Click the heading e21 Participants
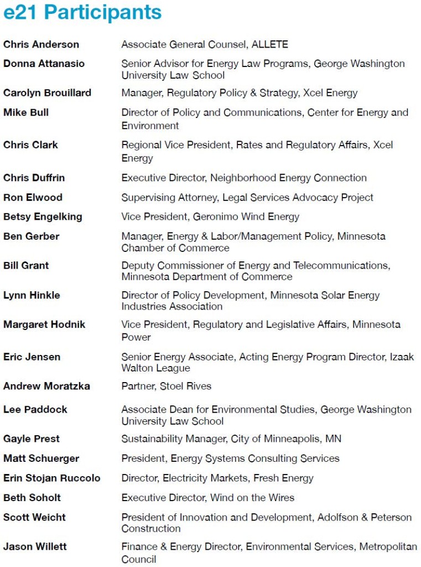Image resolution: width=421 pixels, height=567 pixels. (x=82, y=12)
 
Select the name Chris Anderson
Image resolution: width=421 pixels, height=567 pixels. (x=41, y=44)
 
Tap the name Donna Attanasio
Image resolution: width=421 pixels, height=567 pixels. (x=44, y=64)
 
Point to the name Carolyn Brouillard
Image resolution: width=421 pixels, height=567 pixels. (x=48, y=92)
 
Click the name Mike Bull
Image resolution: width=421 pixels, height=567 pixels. (x=26, y=112)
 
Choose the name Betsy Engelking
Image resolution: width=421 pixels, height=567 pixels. (x=43, y=217)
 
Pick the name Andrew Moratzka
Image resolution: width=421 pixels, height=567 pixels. (x=46, y=386)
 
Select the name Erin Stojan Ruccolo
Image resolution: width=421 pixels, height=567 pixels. (x=52, y=478)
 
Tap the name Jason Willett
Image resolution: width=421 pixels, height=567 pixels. (x=35, y=547)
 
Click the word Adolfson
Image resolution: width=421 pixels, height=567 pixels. (x=341, y=517)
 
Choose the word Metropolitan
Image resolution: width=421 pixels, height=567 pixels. (x=388, y=547)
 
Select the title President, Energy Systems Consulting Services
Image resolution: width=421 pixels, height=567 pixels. (x=230, y=458)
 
